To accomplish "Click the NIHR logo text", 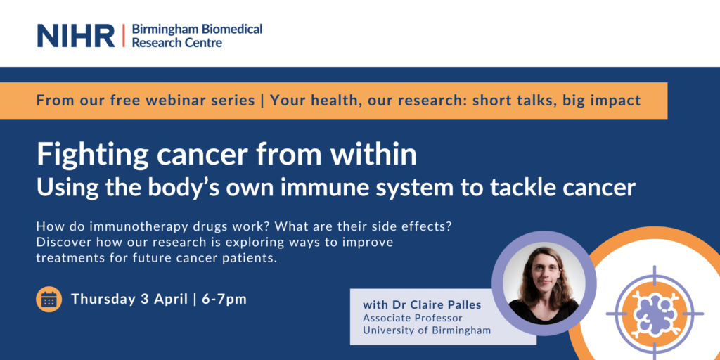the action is pos(76,36).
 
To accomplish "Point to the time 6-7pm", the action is pos(224,300).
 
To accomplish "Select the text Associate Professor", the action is pos(412,318).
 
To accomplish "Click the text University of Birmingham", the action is pos(427,330).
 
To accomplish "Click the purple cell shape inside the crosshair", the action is pos(654,314).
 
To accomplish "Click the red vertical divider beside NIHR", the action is pos(123,36).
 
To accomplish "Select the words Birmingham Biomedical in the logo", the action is pos(197,30).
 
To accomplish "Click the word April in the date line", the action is pos(170,300).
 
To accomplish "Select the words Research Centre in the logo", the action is pos(176,43).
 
